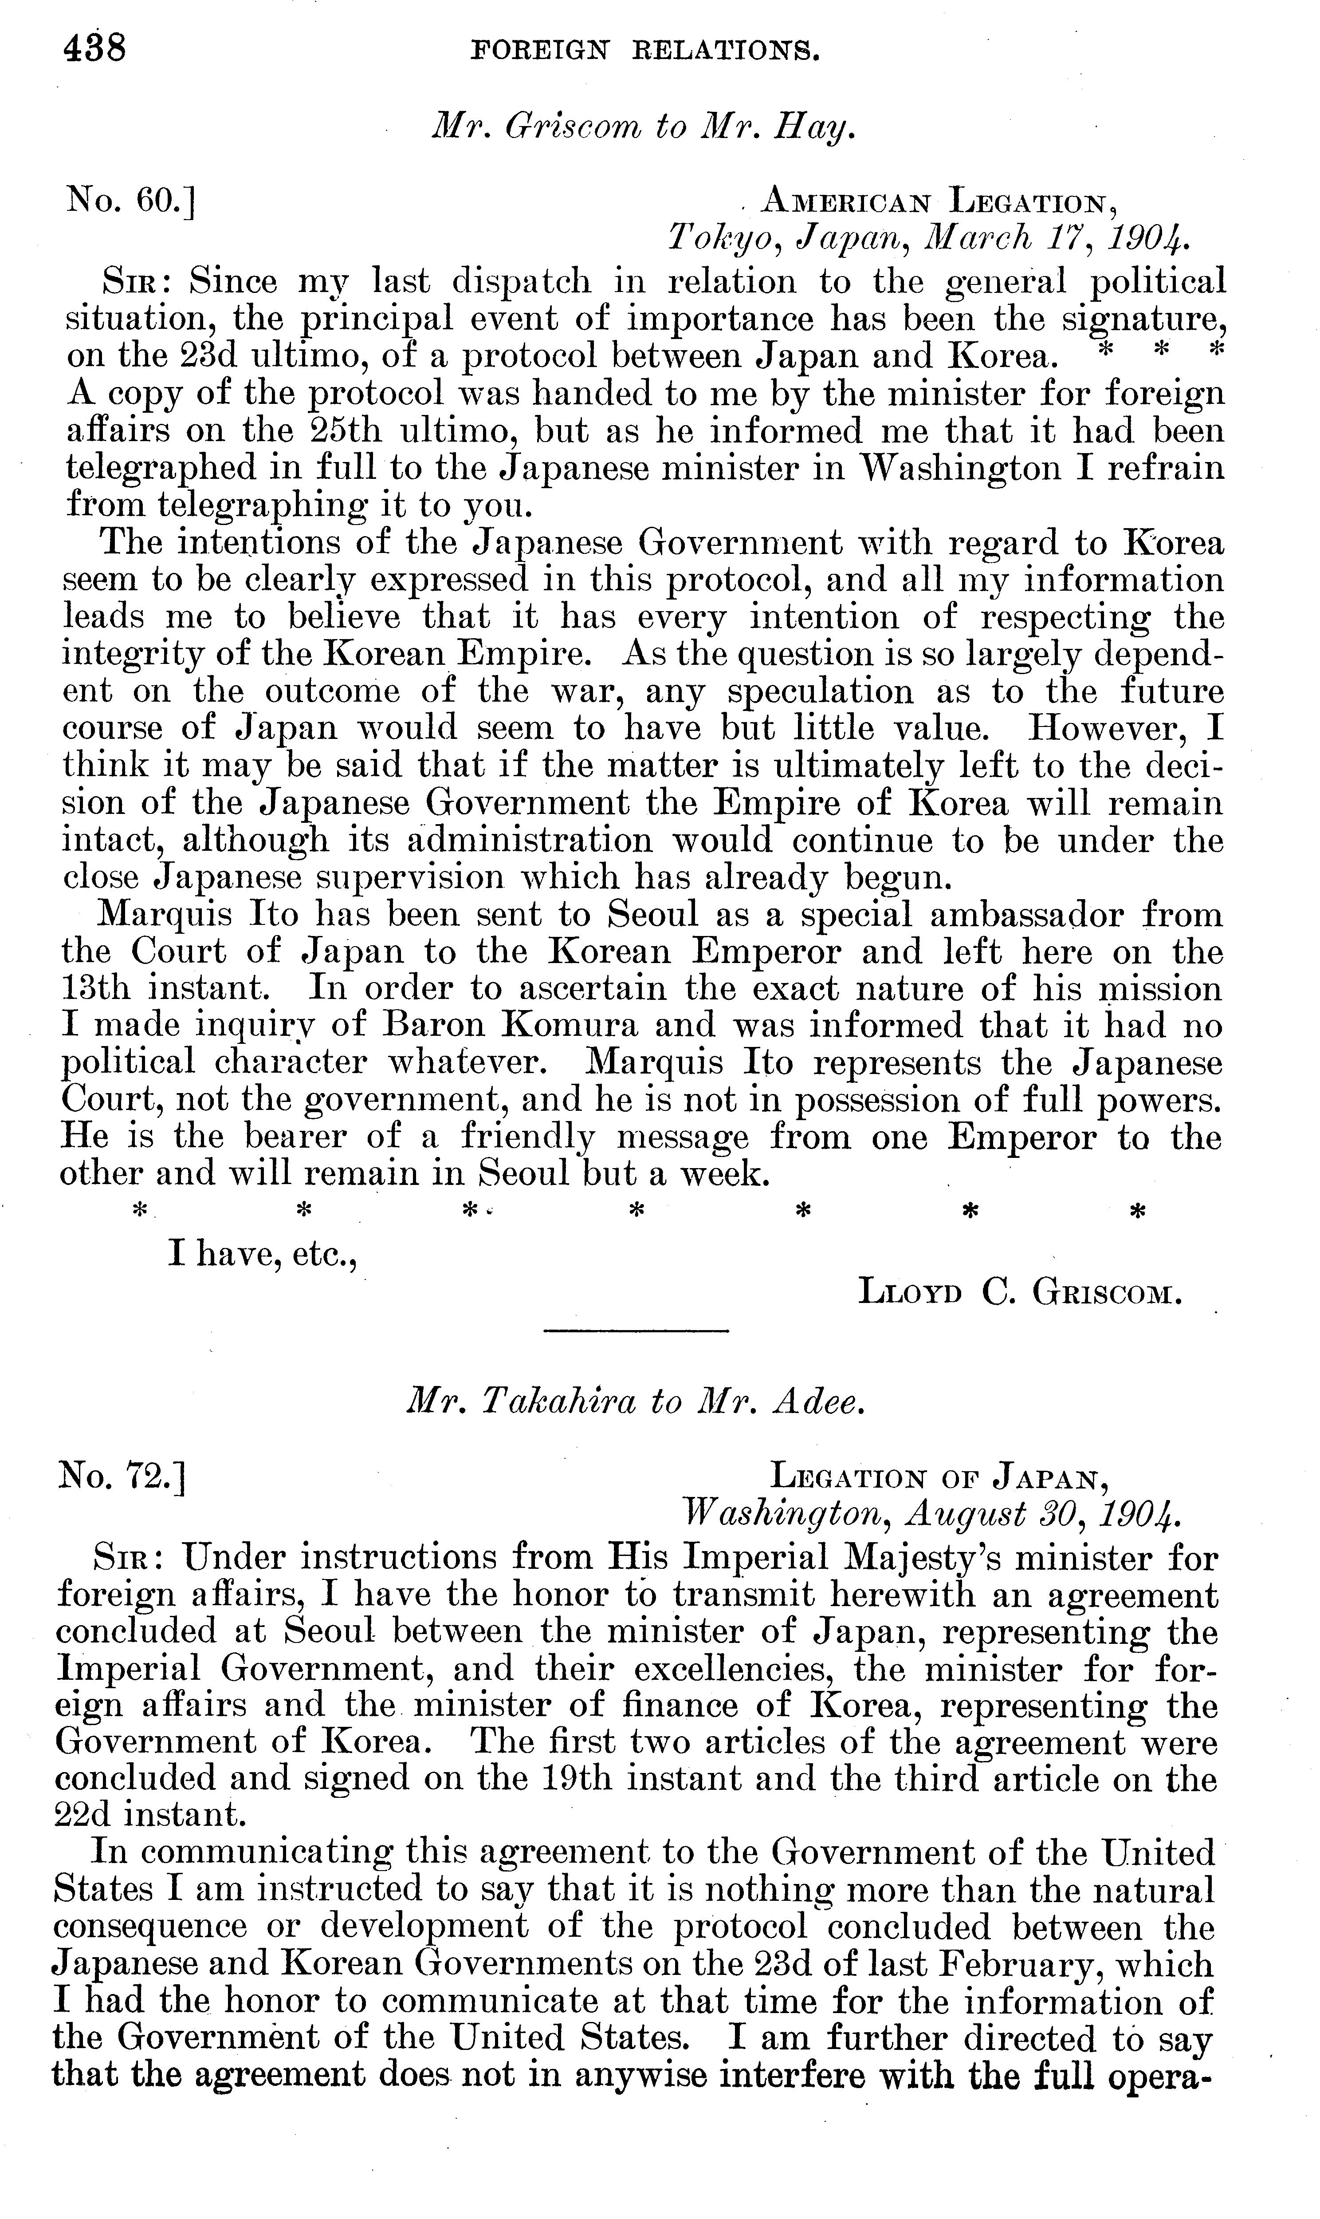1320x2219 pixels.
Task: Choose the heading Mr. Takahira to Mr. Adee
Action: (x=635, y=1402)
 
